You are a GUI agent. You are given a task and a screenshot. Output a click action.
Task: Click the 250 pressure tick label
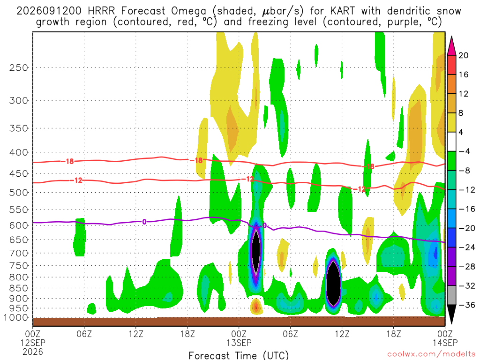tap(19, 67)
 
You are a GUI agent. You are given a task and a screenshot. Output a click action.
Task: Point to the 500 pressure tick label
tap(19, 193)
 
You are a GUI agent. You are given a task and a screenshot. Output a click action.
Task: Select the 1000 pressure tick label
tap(16, 318)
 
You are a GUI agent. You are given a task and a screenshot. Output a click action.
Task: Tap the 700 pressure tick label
tap(19, 253)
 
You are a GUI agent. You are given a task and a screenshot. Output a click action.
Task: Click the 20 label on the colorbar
tap(463, 55)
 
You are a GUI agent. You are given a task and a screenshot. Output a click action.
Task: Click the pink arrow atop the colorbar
tap(451, 46)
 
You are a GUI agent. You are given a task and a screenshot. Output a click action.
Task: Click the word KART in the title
tap(343, 11)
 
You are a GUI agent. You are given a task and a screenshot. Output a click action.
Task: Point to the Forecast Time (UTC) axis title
tap(239, 355)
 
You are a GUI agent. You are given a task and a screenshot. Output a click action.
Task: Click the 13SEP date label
tap(239, 343)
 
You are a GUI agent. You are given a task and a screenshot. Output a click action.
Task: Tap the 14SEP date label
tap(445, 343)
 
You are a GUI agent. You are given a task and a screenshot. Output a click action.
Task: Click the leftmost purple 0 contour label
tap(144, 222)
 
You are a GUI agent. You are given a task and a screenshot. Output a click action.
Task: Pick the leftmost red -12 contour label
tap(78, 180)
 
